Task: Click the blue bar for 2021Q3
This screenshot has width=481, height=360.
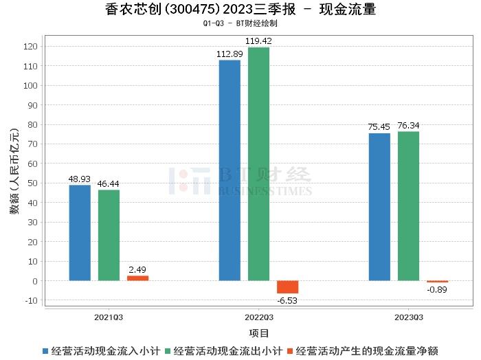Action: pyautogui.click(x=80, y=233)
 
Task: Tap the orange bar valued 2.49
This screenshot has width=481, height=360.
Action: pyautogui.click(x=137, y=278)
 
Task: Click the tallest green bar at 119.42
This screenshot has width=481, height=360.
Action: pyautogui.click(x=258, y=164)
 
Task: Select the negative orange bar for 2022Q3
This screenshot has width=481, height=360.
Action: pyautogui.click(x=287, y=287)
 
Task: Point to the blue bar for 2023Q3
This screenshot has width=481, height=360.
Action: pyautogui.click(x=379, y=207)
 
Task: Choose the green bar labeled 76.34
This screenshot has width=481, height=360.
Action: pyautogui.click(x=408, y=206)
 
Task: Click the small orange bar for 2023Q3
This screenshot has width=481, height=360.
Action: pyautogui.click(x=437, y=282)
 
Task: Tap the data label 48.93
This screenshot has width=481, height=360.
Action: pyautogui.click(x=80, y=179)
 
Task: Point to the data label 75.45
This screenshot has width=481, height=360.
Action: pyautogui.click(x=379, y=127)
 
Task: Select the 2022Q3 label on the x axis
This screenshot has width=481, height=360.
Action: pyautogui.click(x=259, y=317)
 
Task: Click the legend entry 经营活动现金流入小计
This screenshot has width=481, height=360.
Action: pyautogui.click(x=101, y=351)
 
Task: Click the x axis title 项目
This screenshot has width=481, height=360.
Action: pyautogui.click(x=259, y=333)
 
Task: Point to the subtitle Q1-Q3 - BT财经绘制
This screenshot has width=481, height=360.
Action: pyautogui.click(x=240, y=23)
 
